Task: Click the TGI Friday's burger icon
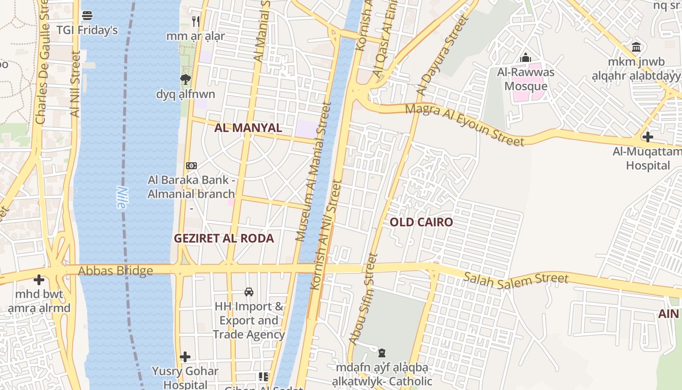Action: [87, 16]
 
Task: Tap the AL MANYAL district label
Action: [248, 128]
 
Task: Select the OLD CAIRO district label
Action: [421, 222]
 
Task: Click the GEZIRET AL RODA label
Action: [224, 238]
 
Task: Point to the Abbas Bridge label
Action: [115, 271]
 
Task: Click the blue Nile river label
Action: [122, 197]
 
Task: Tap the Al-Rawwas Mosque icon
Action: [525, 58]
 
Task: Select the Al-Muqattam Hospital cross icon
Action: [647, 136]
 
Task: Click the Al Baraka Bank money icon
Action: [191, 166]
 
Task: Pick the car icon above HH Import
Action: [249, 292]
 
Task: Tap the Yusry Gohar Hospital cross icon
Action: [185, 357]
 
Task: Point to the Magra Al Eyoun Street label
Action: [465, 125]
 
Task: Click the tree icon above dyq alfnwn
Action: [185, 79]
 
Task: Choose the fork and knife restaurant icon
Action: [195, 21]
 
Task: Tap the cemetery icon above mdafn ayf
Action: [382, 352]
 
